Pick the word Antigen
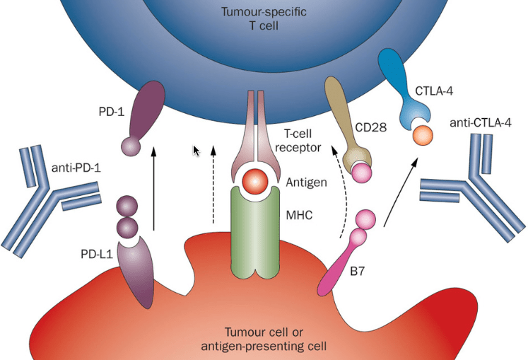click(306, 182)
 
